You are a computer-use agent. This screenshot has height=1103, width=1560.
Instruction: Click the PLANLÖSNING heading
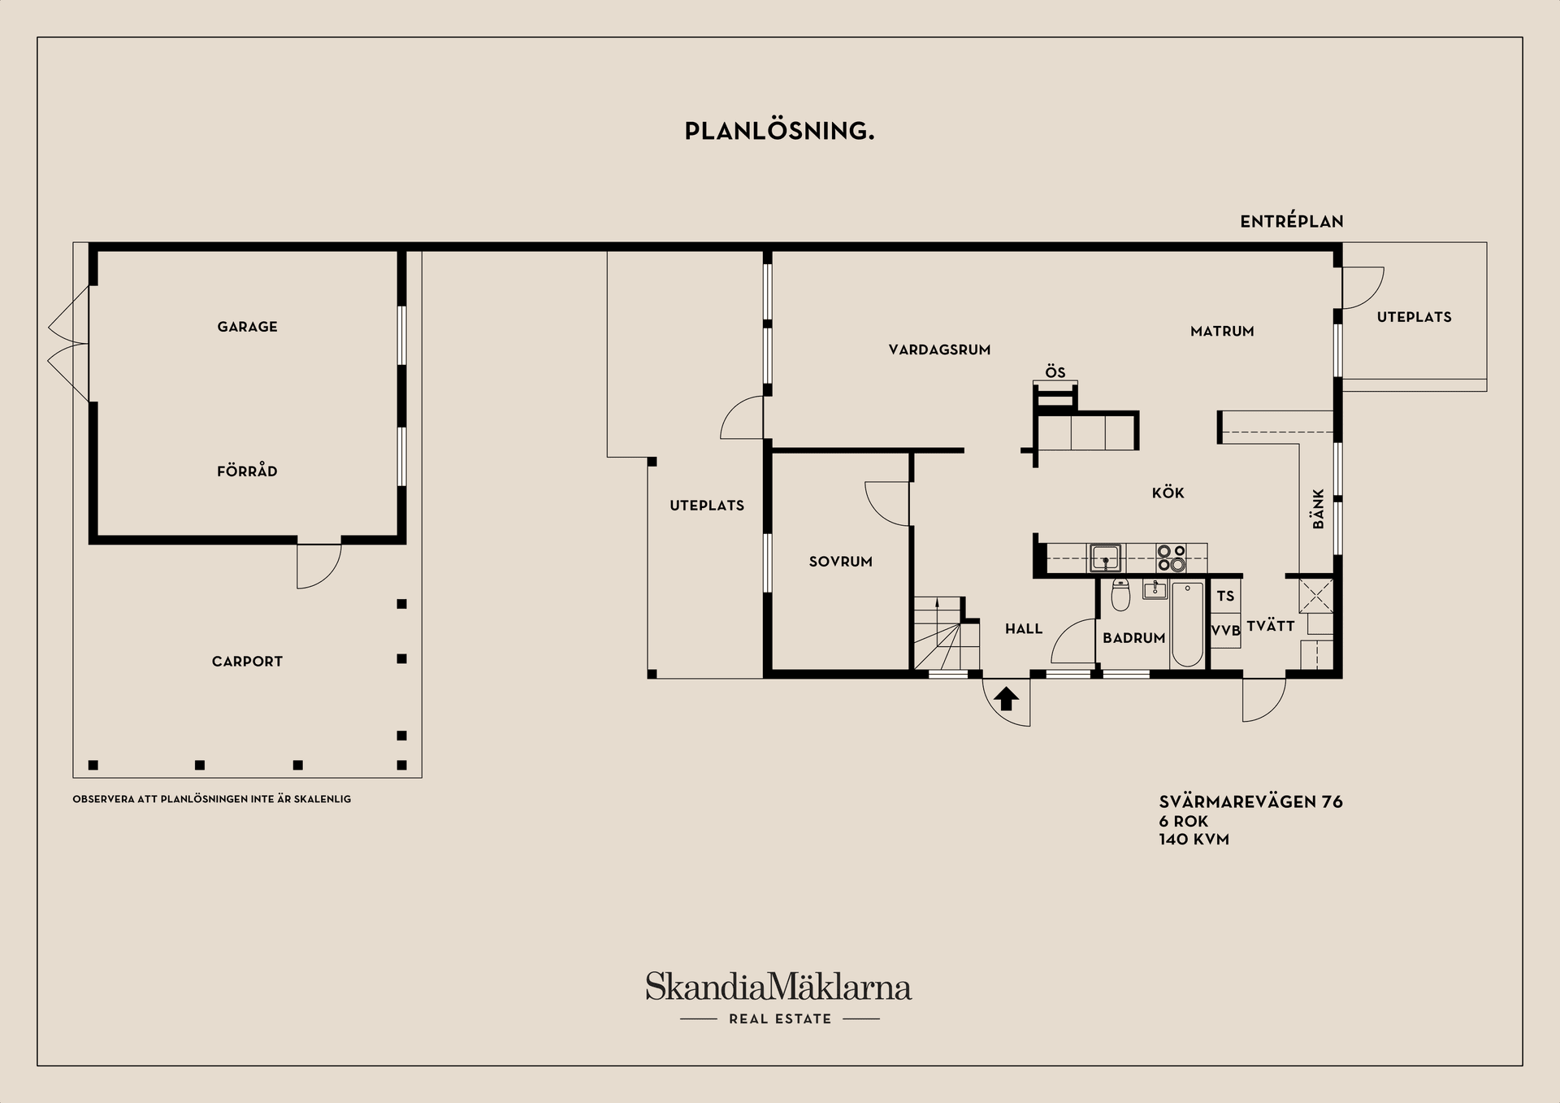tap(779, 131)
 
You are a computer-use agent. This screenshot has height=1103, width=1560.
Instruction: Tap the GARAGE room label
tap(247, 327)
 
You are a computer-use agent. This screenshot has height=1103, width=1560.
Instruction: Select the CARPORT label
tap(247, 662)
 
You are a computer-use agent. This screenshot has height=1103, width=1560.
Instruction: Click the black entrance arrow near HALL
tap(1006, 698)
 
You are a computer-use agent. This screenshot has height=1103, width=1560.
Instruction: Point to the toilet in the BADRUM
tap(1120, 596)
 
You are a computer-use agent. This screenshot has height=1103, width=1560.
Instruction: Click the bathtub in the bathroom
tap(1187, 623)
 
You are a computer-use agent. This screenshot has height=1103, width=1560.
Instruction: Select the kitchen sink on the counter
tap(1105, 558)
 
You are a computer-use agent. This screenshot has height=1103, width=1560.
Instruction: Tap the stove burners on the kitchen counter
tap(1172, 558)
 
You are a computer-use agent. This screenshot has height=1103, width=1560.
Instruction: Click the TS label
tap(1225, 597)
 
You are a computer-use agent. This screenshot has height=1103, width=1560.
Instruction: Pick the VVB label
tap(1226, 631)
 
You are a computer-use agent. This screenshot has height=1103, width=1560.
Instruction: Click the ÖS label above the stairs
tap(1055, 372)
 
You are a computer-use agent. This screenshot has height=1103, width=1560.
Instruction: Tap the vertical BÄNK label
tap(1318, 509)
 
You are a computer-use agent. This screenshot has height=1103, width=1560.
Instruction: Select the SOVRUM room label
tap(840, 562)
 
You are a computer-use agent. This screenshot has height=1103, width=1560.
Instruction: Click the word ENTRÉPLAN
tap(1291, 221)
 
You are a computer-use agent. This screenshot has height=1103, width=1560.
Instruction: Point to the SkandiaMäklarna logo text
tap(778, 987)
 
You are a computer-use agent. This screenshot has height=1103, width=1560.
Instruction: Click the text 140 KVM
tap(1194, 840)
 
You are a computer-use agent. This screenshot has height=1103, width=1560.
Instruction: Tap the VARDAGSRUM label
tap(939, 350)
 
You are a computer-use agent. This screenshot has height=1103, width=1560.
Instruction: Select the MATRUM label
tap(1222, 332)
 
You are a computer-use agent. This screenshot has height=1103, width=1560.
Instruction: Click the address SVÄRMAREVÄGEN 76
tap(1250, 802)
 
